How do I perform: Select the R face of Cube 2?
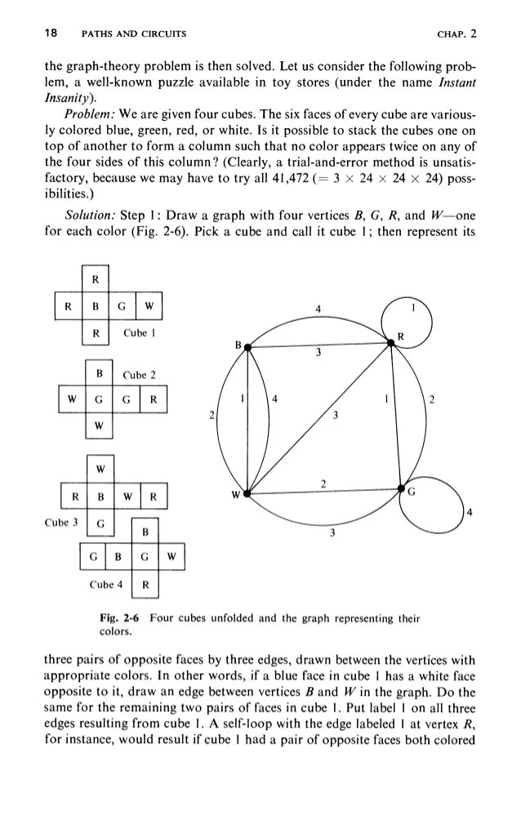pyautogui.click(x=153, y=399)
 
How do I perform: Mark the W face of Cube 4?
pyautogui.click(x=171, y=559)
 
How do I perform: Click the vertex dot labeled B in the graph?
pyautogui.click(x=247, y=348)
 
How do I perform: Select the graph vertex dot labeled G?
pyautogui.click(x=401, y=488)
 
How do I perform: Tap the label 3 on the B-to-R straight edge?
pyautogui.click(x=319, y=354)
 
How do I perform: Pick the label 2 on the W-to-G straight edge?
pyautogui.click(x=324, y=483)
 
